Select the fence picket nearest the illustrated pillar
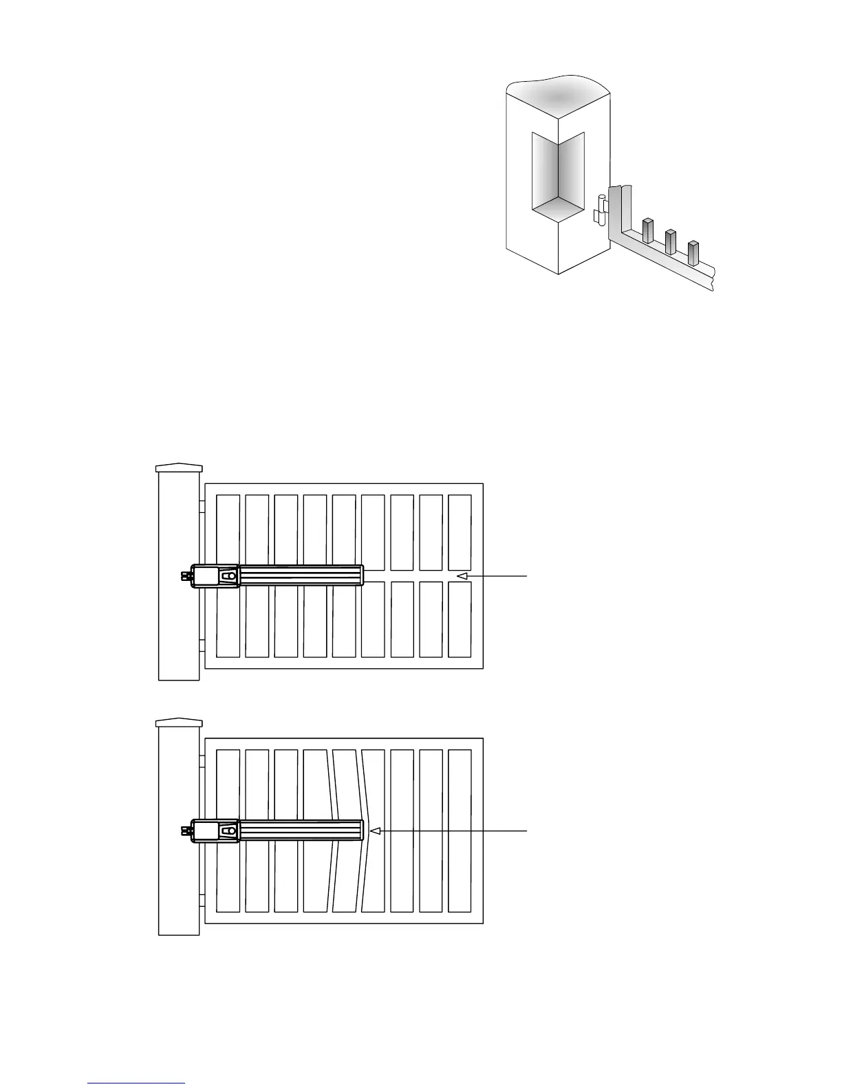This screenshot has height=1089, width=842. [647, 230]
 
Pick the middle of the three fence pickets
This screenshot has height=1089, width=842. [670, 241]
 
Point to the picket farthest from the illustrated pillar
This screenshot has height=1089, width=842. [693, 252]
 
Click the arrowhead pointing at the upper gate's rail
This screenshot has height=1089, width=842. [463, 575]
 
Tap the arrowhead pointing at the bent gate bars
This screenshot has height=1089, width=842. [375, 830]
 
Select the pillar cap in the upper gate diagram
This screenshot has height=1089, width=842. [180, 467]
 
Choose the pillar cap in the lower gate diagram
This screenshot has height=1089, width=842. [180, 723]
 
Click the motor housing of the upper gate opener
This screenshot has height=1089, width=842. [215, 575]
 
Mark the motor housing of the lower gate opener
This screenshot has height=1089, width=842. [215, 830]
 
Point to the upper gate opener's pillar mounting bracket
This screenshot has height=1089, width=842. [185, 577]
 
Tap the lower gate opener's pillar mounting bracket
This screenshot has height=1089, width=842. [185, 831]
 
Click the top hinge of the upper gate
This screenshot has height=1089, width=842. [202, 506]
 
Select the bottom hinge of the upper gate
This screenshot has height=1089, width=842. [202, 646]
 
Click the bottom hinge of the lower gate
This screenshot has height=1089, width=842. [202, 901]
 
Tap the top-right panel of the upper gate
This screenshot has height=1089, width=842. [460, 531]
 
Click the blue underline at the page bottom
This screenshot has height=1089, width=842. [137, 1083]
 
